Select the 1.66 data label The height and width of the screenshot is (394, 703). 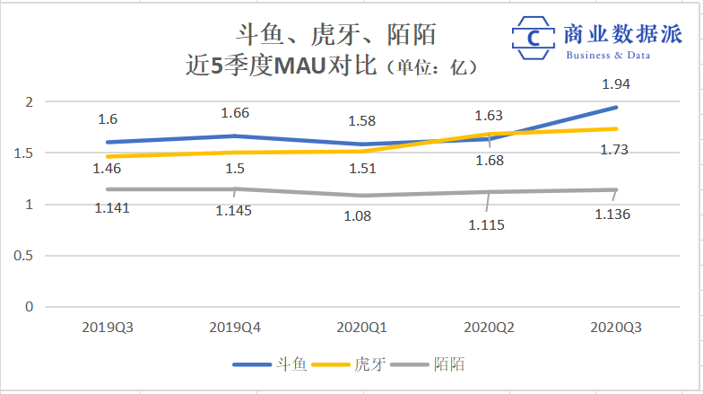235,113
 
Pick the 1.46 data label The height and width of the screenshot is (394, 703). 107,167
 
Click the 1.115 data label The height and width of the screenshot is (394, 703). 487,225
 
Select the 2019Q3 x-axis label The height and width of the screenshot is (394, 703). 107,329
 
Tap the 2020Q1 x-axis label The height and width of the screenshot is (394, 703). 361,329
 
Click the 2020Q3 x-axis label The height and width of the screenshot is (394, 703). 616,329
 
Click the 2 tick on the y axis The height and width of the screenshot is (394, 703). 28,101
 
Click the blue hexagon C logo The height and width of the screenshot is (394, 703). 534,39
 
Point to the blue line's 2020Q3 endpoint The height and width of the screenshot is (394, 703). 616,108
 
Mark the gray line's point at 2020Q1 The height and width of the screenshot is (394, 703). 361,196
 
